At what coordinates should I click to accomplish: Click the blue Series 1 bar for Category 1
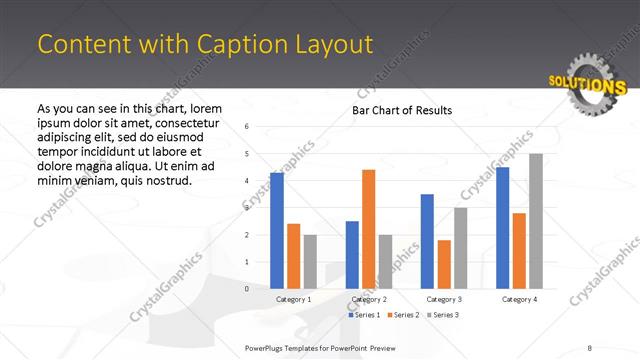pyautogui.click(x=277, y=231)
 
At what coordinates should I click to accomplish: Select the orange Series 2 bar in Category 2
pyautogui.click(x=368, y=229)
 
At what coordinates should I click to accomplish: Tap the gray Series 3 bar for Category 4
pyautogui.click(x=535, y=221)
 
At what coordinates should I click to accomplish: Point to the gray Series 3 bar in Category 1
pyautogui.click(x=310, y=262)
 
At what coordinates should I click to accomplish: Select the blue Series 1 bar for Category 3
pyautogui.click(x=427, y=241)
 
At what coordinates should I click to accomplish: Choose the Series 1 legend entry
pyautogui.click(x=365, y=315)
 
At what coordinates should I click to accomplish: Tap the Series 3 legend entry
pyautogui.click(x=442, y=315)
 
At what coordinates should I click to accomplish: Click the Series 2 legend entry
pyautogui.click(x=403, y=315)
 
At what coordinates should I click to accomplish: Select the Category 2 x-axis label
pyautogui.click(x=370, y=299)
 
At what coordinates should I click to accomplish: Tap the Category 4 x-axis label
pyautogui.click(x=519, y=299)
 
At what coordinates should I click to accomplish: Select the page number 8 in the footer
pyautogui.click(x=590, y=348)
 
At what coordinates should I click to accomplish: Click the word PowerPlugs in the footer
pyautogui.click(x=267, y=348)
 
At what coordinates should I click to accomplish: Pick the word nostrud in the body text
pyautogui.click(x=166, y=181)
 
